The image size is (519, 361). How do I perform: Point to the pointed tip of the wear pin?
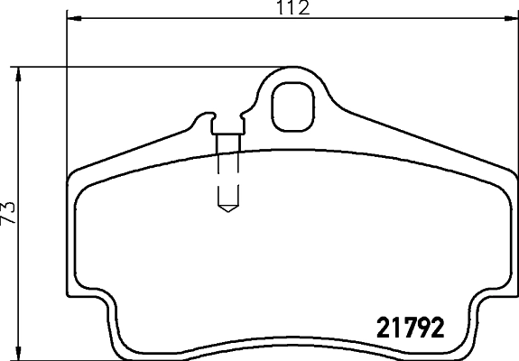point(227,209)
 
